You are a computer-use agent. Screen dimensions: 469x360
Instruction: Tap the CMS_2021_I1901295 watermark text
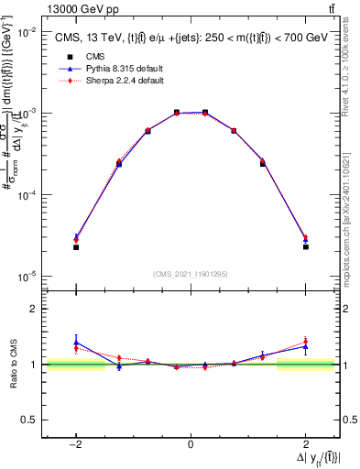click(x=190, y=274)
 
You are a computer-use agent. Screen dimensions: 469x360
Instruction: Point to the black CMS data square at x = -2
click(x=76, y=247)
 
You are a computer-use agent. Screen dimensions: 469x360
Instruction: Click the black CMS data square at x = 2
click(x=305, y=247)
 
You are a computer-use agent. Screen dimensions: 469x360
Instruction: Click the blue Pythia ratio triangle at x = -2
click(x=76, y=343)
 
